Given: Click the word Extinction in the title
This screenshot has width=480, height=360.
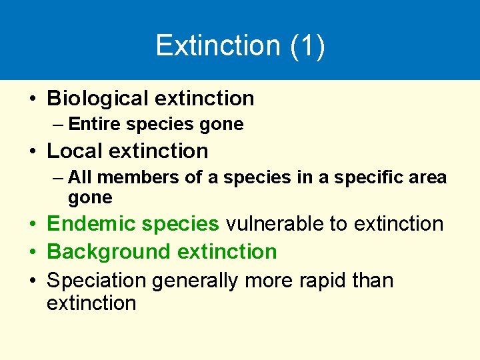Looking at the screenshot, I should coord(218,45).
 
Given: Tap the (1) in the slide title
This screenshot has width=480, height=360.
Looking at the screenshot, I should coord(307,45).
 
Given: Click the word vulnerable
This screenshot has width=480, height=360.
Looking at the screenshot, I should coord(275,224).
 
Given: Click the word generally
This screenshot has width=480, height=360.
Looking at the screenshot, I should coord(195,281).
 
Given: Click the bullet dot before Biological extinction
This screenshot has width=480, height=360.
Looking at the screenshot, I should coord(33,99).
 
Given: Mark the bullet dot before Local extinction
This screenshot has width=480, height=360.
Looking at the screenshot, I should coord(33,152).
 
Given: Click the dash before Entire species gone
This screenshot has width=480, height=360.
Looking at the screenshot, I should coord(58,125).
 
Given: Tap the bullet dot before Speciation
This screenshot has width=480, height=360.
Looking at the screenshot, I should coord(33,281).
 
